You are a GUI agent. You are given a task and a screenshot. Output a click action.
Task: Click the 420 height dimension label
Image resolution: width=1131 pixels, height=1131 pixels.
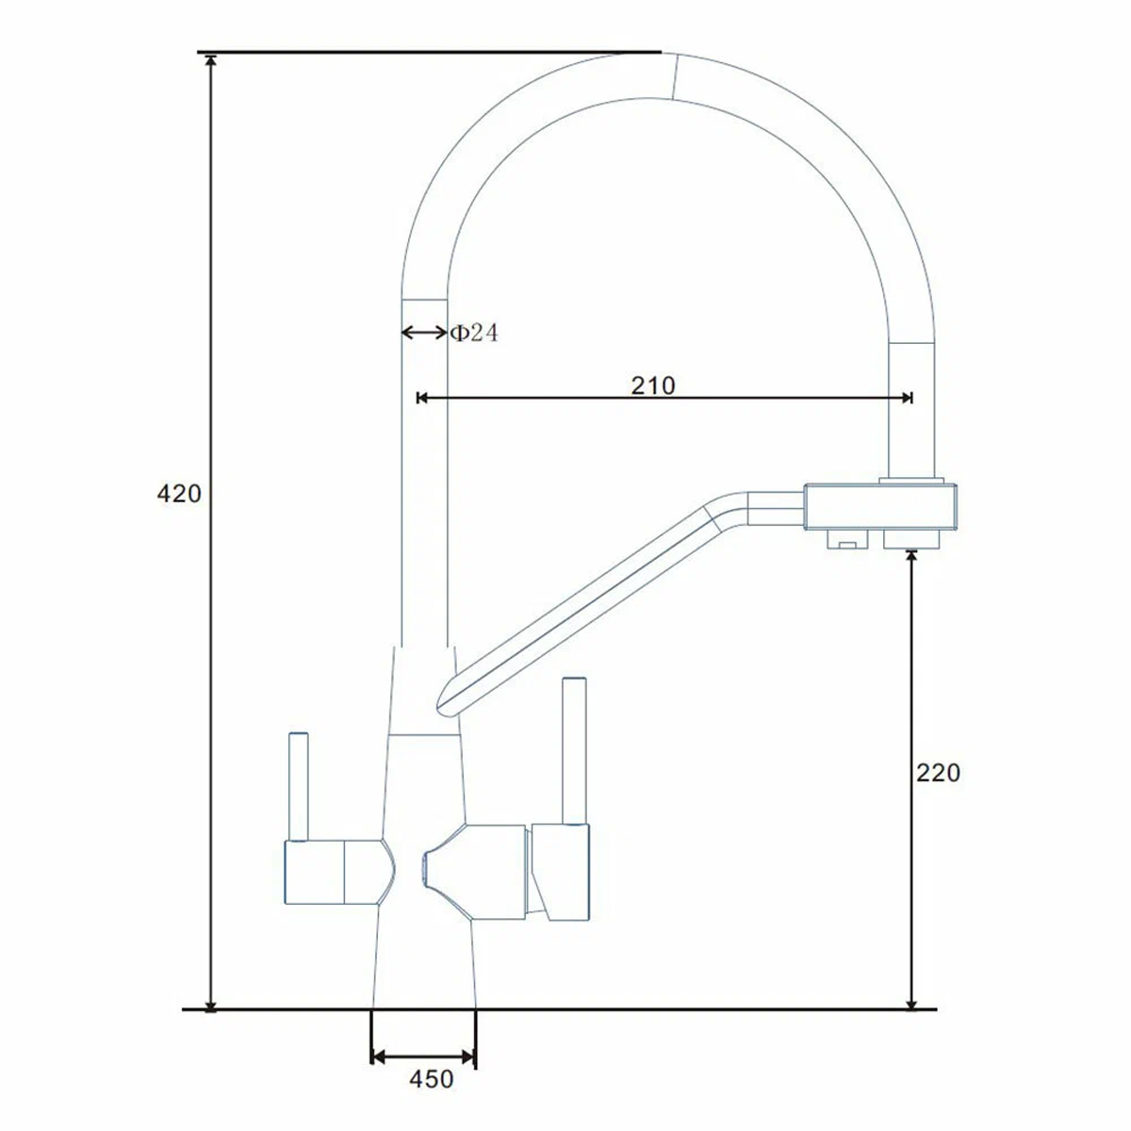coord(179,494)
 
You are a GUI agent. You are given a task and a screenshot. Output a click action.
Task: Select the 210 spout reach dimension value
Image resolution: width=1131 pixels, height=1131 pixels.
coord(653,385)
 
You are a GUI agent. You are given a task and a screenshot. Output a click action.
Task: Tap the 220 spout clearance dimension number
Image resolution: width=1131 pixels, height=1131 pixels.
coord(939,773)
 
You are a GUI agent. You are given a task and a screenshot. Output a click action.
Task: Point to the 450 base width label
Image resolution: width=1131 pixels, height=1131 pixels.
coord(432,1079)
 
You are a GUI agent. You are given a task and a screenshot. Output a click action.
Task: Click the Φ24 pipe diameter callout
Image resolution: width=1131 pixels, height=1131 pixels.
coord(474,333)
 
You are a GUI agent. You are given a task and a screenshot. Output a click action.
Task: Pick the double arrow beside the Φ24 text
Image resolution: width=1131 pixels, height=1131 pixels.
coord(424,333)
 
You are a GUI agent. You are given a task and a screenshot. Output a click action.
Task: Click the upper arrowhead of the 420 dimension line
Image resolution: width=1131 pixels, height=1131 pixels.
coord(211,61)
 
